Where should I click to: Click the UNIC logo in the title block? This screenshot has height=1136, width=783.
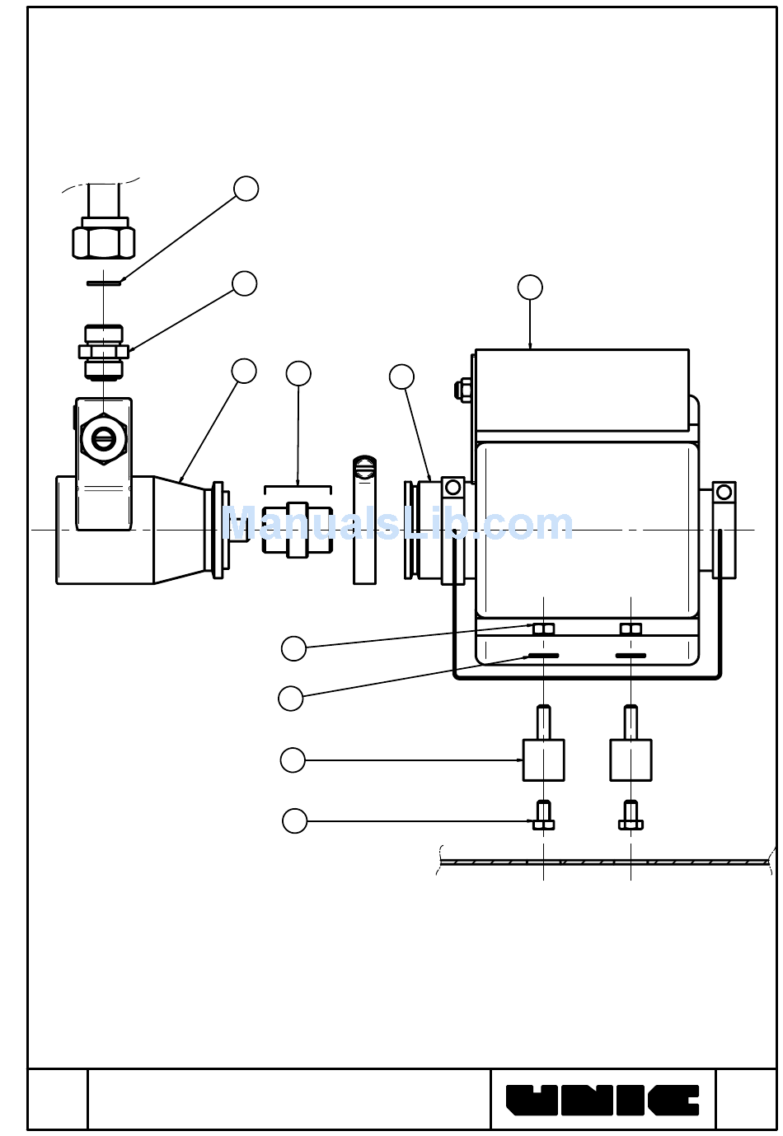pos(602,1101)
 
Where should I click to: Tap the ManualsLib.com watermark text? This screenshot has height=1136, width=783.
pos(397,523)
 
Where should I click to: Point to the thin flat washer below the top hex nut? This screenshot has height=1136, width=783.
pos(104,283)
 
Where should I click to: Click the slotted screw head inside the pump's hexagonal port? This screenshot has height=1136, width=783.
pos(104,438)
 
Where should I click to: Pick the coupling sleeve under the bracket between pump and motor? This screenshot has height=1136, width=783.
pos(298,530)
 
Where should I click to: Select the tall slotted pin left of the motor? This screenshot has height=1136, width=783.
pos(364,521)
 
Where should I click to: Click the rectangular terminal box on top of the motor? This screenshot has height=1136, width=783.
pos(582,390)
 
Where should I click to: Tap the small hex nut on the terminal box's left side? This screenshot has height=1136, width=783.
pos(462,390)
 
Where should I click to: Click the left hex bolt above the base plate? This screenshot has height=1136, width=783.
pos(543,815)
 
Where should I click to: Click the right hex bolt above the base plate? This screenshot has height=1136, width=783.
pos(631,815)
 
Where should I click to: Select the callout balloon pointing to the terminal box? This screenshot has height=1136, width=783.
pos(530,288)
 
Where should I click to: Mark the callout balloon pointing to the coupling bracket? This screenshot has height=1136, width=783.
pos(298,374)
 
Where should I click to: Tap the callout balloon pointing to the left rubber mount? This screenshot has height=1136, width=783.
pos(293,760)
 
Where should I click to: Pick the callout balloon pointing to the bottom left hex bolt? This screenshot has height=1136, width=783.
pos(295,821)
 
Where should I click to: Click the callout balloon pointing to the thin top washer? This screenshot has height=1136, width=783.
pos(246,189)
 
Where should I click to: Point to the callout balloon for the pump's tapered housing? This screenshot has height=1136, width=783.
pos(244,372)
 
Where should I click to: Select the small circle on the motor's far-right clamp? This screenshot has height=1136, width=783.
pos(724,492)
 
